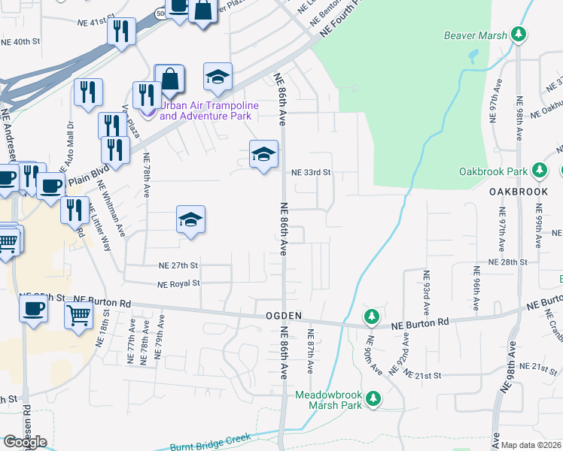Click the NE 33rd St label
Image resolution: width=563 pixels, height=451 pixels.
[312, 172]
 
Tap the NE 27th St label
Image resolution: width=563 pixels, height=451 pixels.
[178, 265]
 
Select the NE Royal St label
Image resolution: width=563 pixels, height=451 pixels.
[178, 283]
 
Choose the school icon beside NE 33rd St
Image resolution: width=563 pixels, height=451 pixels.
[263, 155]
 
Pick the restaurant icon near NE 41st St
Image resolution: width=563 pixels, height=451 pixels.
[121, 31]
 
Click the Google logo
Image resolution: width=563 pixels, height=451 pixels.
[25, 442]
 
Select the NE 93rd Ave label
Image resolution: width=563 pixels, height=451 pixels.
[425, 291]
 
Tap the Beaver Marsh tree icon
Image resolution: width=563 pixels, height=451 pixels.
[518, 35]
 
